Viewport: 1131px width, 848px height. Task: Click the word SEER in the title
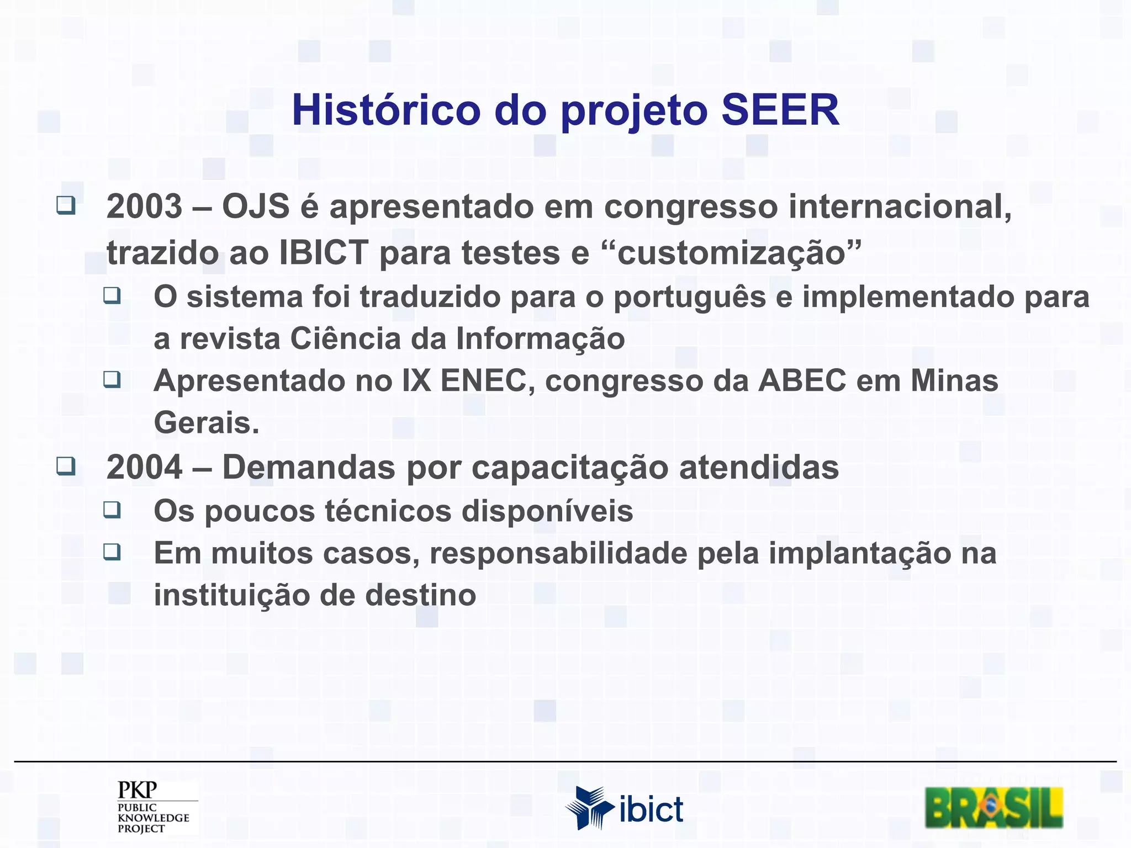(780, 110)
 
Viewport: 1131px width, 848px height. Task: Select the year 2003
(144, 206)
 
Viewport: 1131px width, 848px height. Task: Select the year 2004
(144, 467)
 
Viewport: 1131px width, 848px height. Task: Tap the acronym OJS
(256, 206)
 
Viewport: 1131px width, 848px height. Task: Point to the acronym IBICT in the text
(324, 253)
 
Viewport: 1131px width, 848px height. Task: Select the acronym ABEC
(802, 380)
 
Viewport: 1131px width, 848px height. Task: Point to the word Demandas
(309, 467)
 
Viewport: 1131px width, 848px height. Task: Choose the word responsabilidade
(558, 553)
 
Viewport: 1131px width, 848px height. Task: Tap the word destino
(420, 595)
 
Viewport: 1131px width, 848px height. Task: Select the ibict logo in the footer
(624, 808)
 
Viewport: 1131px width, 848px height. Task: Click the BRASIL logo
(993, 807)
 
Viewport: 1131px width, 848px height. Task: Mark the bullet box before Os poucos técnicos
(112, 509)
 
